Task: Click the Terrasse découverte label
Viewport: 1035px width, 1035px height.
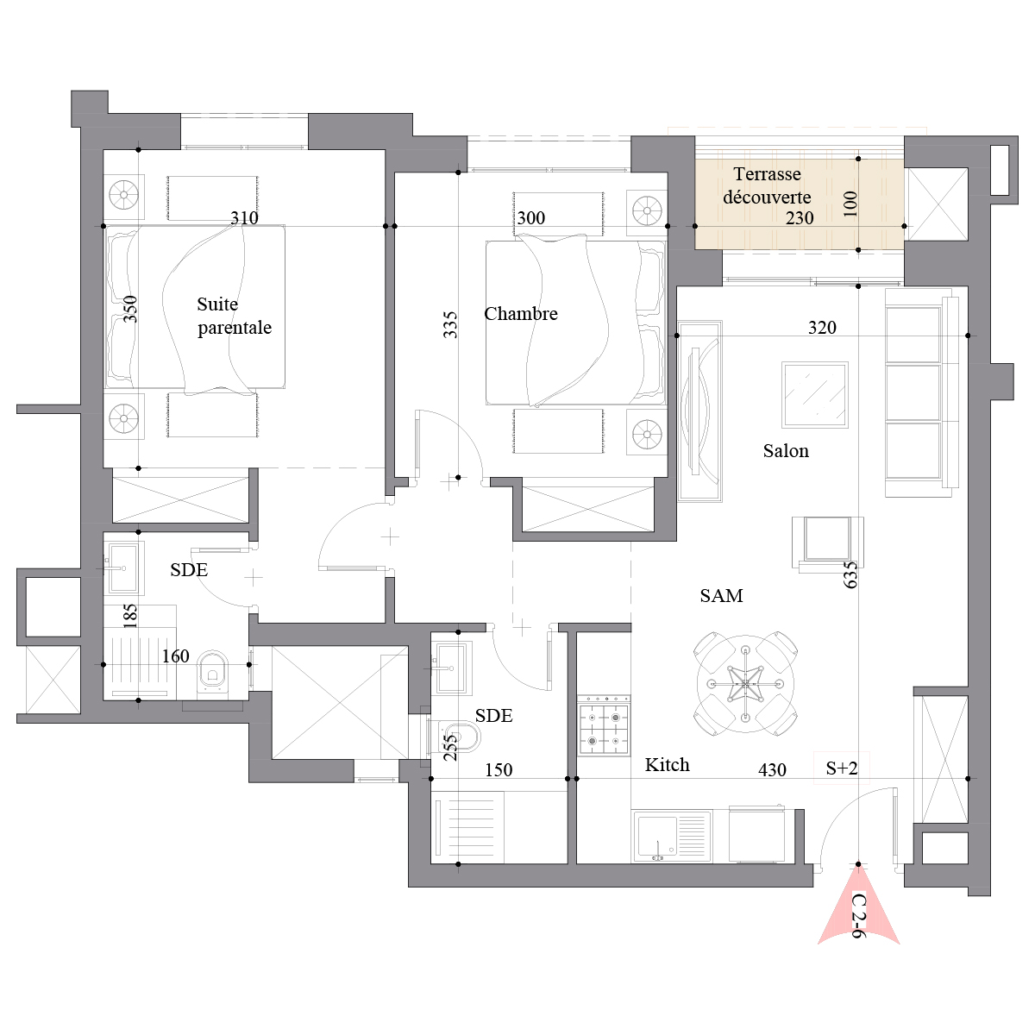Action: (x=767, y=185)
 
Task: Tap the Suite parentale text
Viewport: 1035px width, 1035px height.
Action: (x=235, y=316)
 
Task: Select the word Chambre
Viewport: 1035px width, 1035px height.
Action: (x=520, y=314)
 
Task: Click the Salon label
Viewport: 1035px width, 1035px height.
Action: (x=786, y=450)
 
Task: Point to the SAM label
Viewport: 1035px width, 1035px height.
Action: (x=721, y=596)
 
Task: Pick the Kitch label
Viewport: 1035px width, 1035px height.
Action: (x=667, y=764)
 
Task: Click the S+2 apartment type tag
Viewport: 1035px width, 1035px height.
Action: (x=842, y=768)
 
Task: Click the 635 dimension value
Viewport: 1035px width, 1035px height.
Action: (x=850, y=574)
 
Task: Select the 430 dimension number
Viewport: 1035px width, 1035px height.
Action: (x=772, y=770)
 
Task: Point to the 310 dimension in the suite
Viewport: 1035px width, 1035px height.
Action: (x=244, y=217)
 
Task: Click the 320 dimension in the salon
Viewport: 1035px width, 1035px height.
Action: (x=822, y=328)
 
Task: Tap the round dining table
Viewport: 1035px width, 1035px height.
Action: (x=745, y=684)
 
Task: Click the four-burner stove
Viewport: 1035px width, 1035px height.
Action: (x=605, y=725)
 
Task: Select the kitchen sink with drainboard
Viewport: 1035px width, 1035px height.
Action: (x=672, y=837)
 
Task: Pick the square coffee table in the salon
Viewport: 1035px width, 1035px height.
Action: (x=815, y=395)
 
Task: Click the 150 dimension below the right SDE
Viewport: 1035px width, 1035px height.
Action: (x=499, y=770)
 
